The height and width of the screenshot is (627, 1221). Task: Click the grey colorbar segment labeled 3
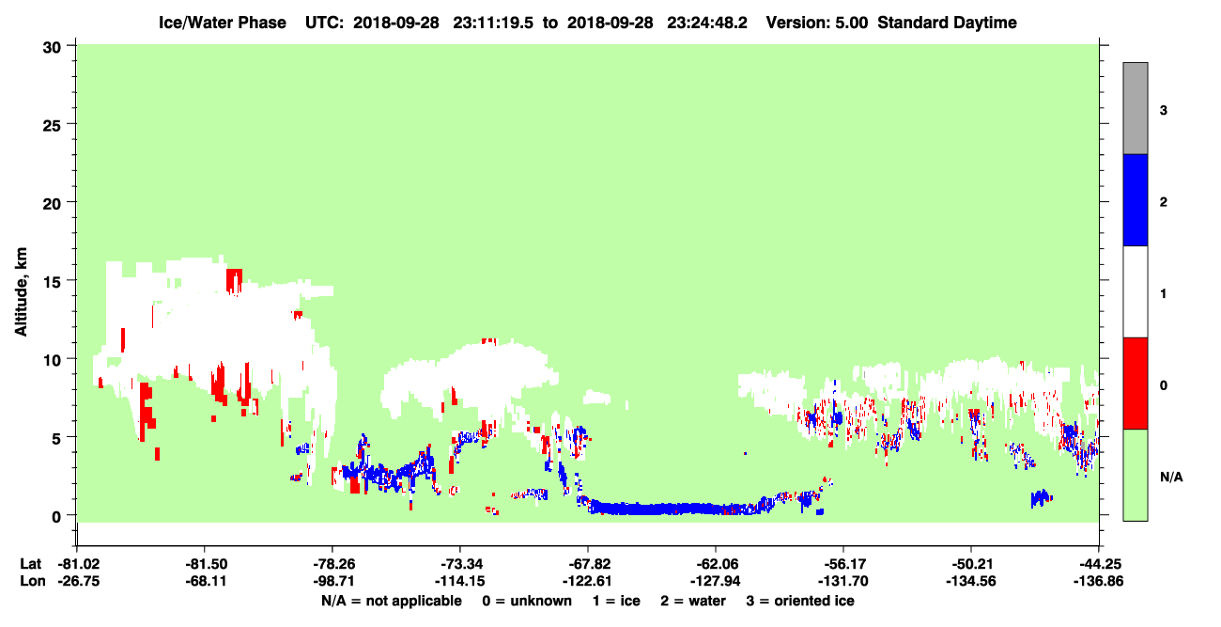(x=1135, y=108)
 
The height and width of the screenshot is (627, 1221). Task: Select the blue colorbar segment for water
(x=1135, y=199)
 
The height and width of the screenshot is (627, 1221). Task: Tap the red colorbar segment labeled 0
(x=1135, y=384)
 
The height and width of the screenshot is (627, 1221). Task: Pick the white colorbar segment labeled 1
(x=1135, y=291)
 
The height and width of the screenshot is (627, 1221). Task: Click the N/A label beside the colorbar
(x=1171, y=478)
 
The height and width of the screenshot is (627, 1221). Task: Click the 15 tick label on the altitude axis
(x=52, y=280)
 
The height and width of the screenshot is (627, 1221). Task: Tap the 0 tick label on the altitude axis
(x=56, y=516)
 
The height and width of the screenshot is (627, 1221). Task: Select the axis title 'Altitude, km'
(x=21, y=291)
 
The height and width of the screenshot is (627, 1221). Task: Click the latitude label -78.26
(x=333, y=564)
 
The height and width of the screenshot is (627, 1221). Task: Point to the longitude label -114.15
(x=460, y=581)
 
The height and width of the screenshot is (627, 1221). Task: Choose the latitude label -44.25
(x=1098, y=564)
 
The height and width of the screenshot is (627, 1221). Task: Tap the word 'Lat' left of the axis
(x=30, y=564)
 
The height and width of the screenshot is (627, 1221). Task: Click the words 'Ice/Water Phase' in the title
(x=223, y=23)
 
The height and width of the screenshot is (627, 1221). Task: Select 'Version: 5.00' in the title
(x=816, y=23)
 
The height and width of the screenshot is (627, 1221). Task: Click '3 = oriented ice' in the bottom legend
(x=800, y=601)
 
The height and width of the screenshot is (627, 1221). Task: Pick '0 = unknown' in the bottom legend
(x=527, y=601)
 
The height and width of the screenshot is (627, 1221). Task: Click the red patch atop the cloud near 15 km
(x=235, y=280)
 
